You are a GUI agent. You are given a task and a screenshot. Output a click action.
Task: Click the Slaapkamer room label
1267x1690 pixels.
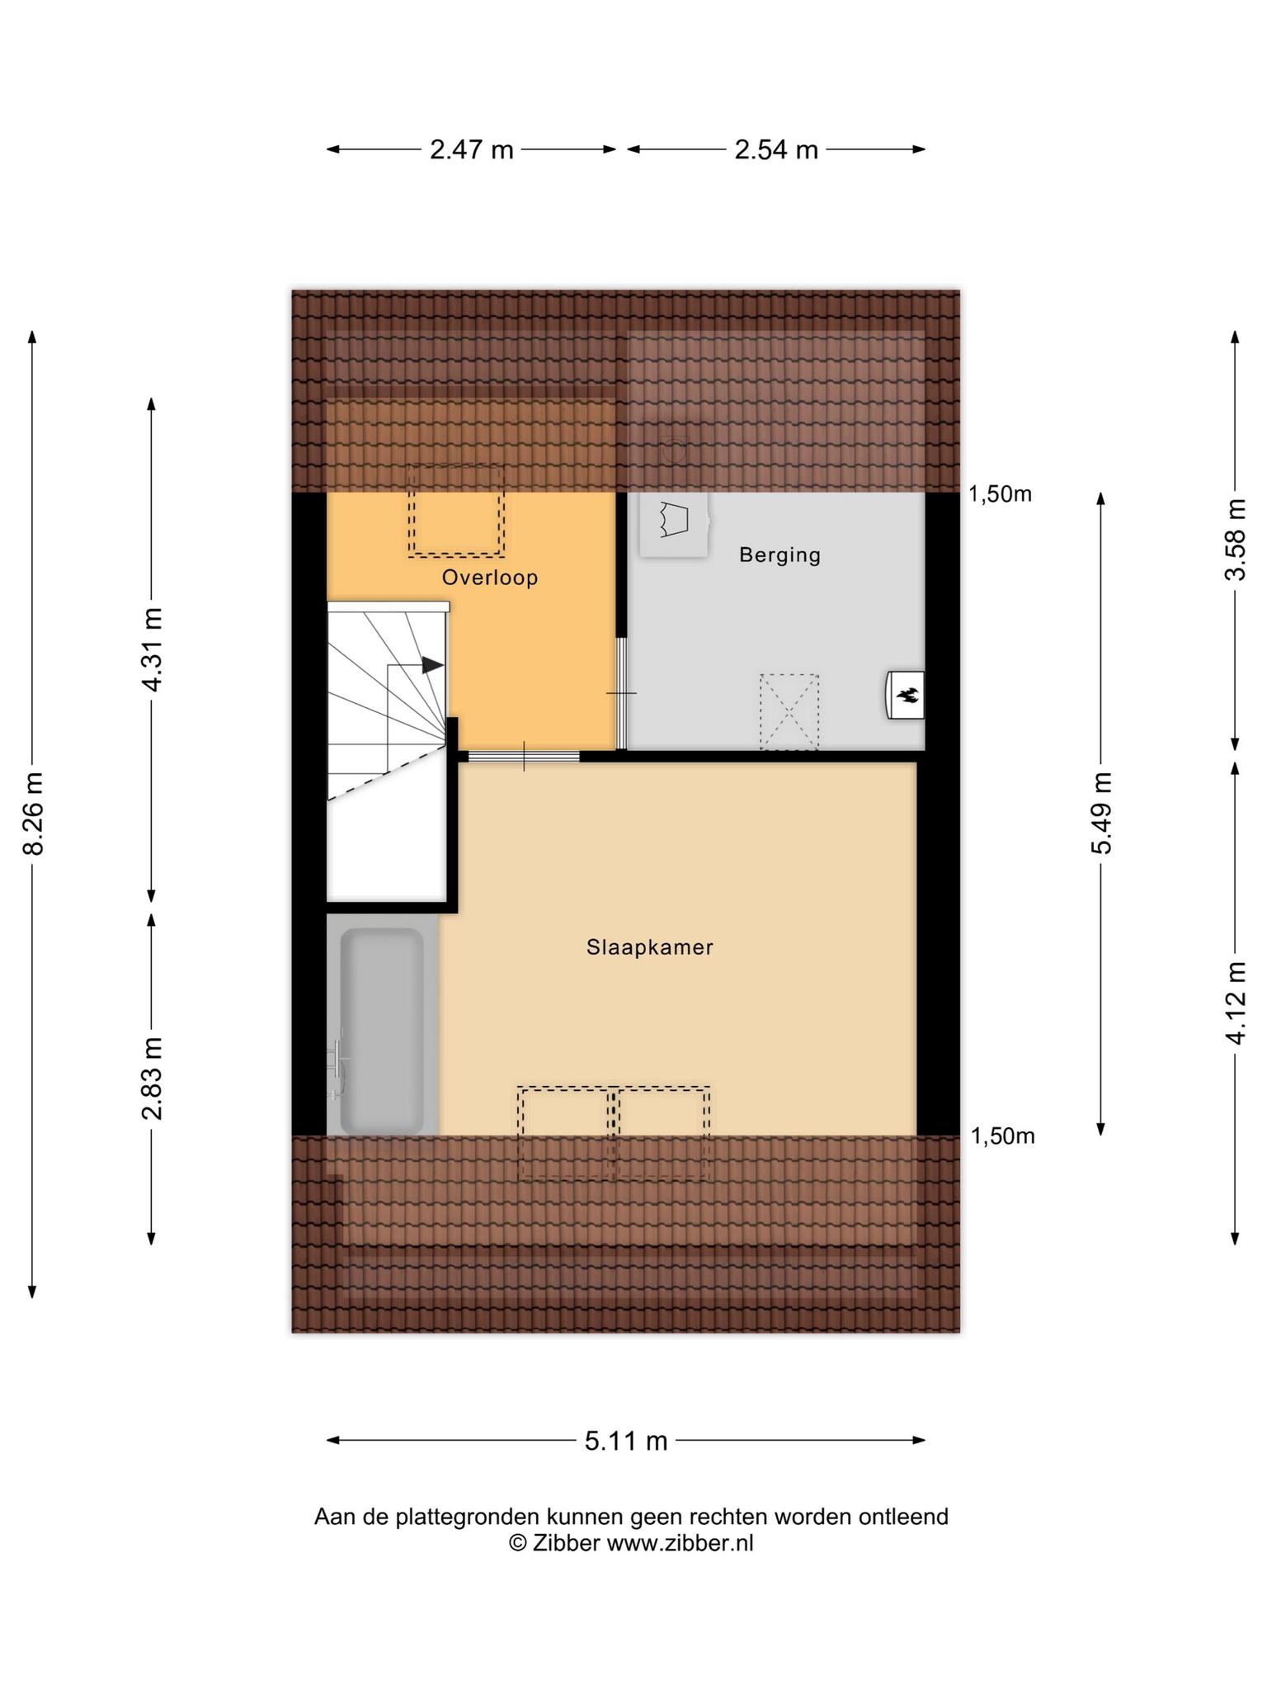650,947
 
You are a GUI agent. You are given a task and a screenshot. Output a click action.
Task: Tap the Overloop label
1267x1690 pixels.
490,578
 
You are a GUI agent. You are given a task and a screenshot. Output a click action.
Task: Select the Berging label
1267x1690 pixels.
780,555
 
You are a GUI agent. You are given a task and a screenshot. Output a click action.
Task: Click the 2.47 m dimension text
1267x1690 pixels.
472,149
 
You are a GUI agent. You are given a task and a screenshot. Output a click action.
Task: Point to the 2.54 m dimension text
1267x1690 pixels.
776,149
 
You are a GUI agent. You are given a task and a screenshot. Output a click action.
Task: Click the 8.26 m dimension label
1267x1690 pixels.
34,814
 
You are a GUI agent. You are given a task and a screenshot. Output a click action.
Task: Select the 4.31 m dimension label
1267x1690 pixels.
152,650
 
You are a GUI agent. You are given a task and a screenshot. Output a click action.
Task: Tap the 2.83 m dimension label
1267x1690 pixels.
152,1079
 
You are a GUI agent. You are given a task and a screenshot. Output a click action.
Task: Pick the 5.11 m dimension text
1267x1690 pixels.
626,1441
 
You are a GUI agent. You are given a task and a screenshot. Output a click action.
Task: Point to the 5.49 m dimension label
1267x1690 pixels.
1101,814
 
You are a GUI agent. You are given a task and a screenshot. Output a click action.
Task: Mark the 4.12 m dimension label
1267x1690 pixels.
1235,1003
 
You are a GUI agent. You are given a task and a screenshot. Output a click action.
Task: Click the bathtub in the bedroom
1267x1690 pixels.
382,1031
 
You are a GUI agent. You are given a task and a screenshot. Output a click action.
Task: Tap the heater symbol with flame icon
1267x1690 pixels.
905,695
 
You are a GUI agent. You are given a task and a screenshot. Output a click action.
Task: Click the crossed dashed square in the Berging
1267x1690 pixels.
789,712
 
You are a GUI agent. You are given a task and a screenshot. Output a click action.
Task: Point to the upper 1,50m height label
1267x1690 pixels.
1000,494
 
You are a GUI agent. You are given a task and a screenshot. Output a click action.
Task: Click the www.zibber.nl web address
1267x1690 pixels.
680,1543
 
